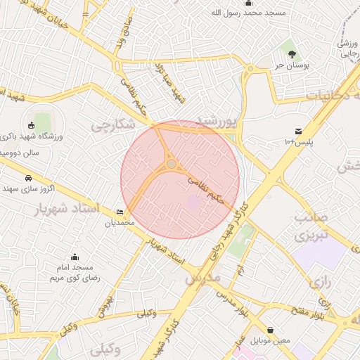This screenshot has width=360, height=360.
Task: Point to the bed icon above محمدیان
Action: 119,212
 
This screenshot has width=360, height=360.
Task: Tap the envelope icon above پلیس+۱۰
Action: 298,131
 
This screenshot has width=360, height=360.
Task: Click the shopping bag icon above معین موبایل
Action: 271,330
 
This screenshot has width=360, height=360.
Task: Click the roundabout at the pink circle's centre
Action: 172,165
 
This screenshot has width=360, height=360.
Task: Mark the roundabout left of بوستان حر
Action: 250,68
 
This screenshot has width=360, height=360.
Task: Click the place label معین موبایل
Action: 271,342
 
